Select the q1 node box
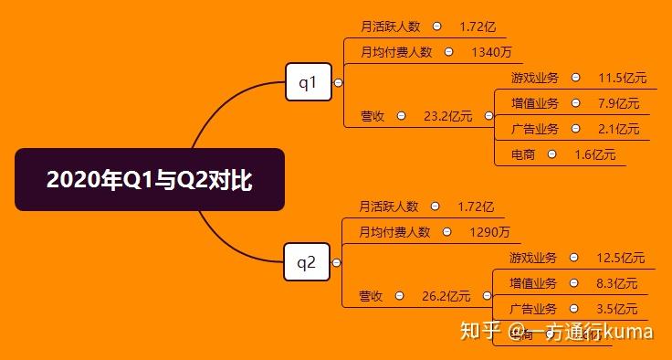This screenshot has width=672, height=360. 308,83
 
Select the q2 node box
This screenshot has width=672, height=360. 306,263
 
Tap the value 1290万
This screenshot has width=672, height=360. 489,232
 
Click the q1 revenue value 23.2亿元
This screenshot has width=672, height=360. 447,116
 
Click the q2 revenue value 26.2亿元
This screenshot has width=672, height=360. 446,296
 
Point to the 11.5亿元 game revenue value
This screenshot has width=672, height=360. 622,78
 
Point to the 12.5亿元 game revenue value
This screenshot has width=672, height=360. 620,258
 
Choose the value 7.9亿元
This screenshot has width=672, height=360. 618,103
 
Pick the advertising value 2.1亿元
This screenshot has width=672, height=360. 618,129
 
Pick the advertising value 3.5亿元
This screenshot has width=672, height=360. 616,309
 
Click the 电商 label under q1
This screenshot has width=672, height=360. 522,154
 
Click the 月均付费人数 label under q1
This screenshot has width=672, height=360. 396,52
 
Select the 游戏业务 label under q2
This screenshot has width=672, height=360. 532,258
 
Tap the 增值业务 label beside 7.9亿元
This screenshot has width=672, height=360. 534,103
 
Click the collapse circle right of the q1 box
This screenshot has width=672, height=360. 338,83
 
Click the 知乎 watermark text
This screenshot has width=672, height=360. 480,330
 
